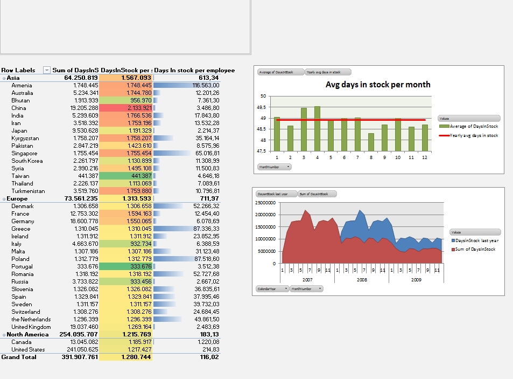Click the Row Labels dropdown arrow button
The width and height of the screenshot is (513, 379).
tap(46, 70)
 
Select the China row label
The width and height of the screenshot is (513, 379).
tap(18, 108)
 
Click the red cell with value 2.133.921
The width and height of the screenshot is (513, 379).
tap(126, 108)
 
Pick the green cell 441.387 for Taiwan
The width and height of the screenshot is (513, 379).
tap(126, 176)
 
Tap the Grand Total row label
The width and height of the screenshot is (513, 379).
tap(19, 357)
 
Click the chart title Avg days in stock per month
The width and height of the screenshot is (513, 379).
tap(378, 85)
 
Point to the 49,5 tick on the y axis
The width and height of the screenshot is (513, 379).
tap(263, 107)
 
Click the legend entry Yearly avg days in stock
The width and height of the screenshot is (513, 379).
tap(474, 135)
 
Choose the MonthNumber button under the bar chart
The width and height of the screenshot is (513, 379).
tap(275, 167)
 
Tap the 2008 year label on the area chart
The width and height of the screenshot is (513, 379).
tap(361, 280)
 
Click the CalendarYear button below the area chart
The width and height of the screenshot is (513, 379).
tap(272, 288)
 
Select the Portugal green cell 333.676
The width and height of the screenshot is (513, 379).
tap(126, 266)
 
